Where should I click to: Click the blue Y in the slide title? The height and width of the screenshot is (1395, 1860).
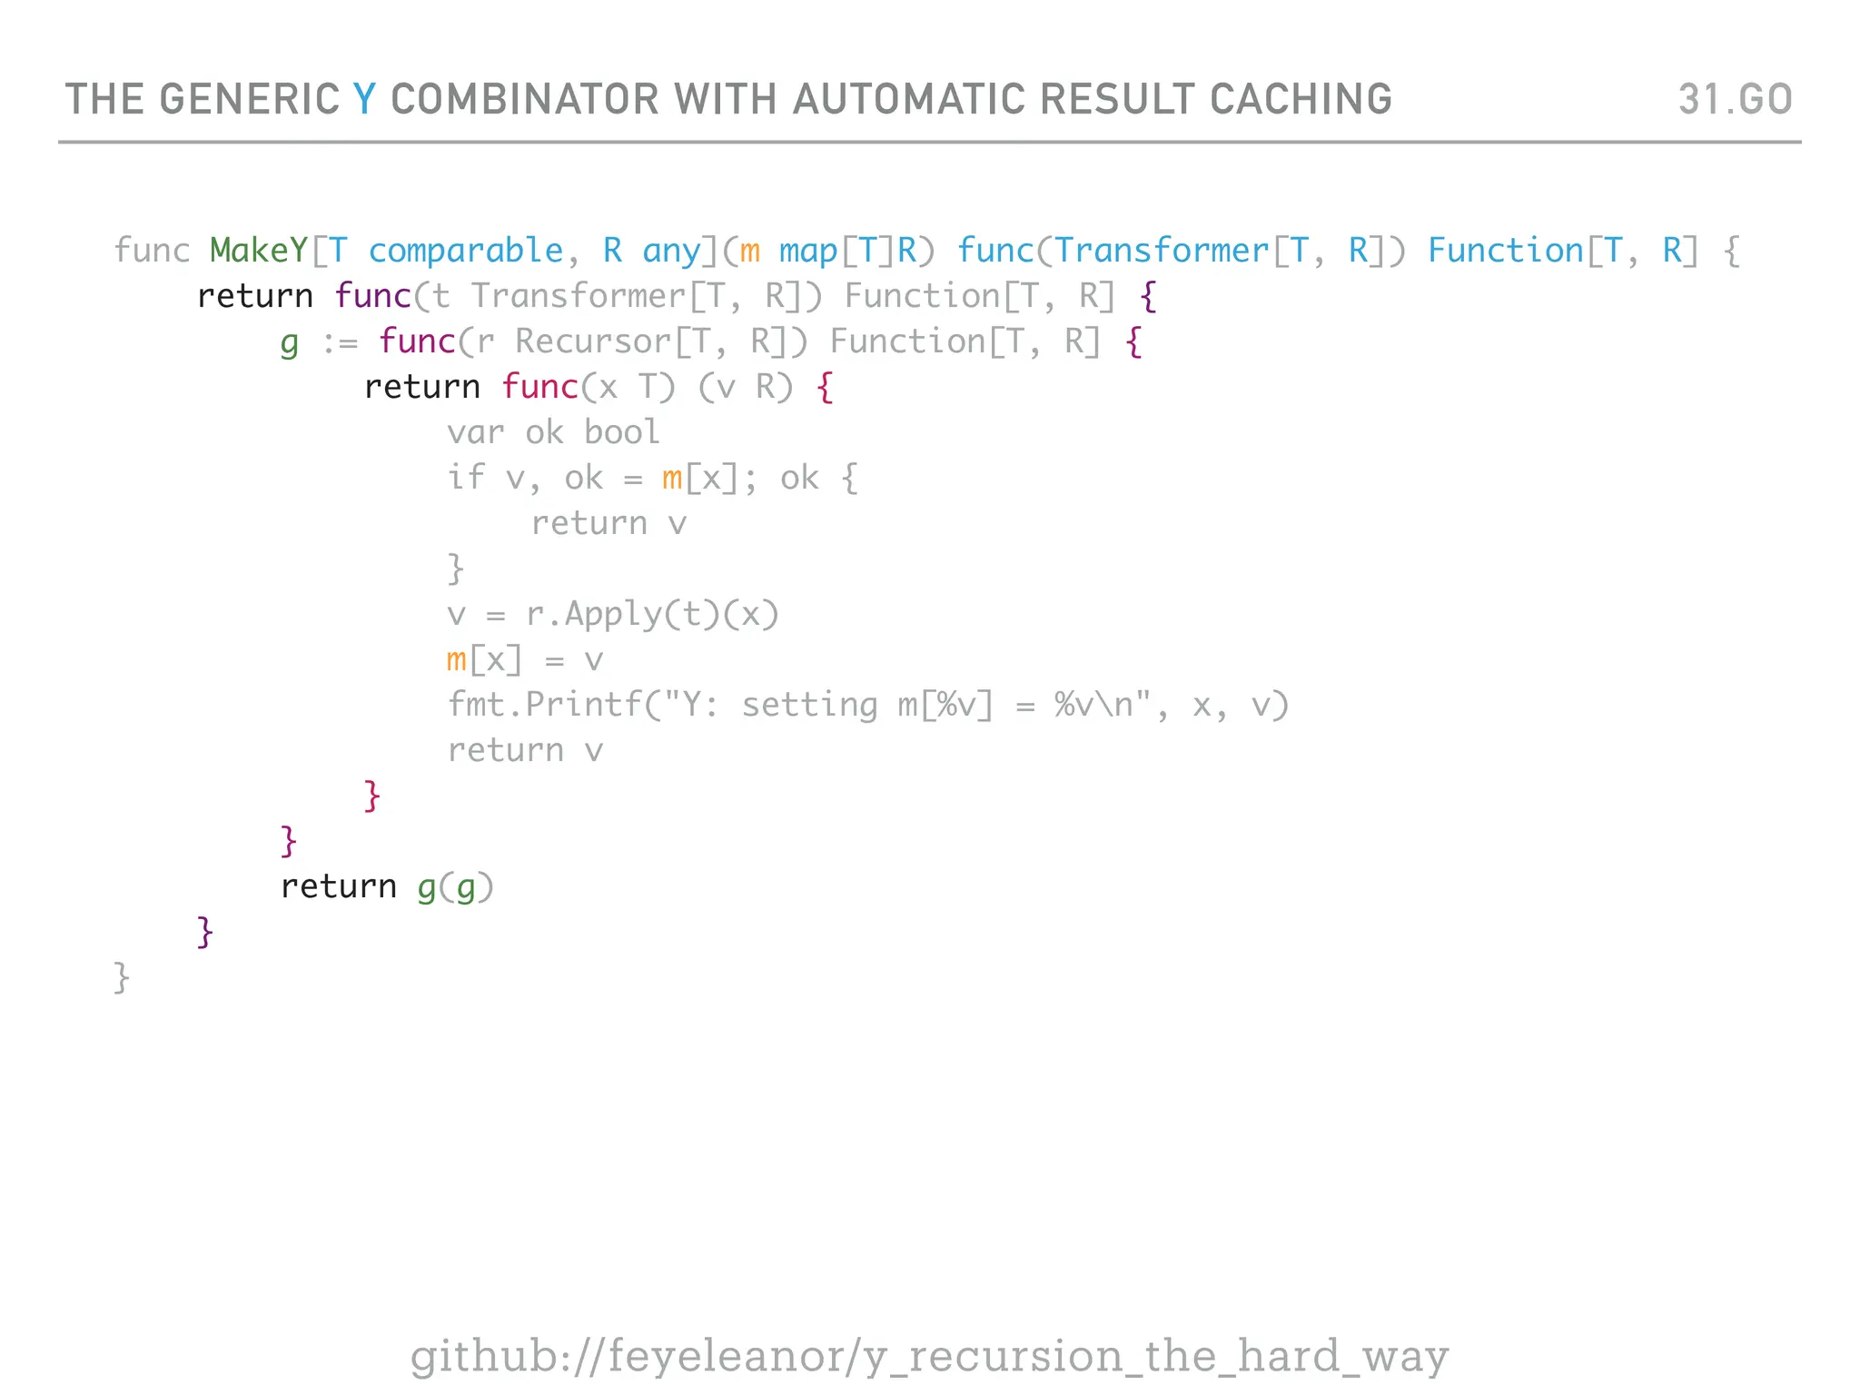(x=364, y=99)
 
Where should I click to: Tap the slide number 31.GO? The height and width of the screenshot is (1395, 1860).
(x=1735, y=99)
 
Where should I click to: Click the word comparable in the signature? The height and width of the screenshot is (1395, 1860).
(x=466, y=251)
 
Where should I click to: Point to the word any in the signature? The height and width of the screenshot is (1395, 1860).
(x=672, y=251)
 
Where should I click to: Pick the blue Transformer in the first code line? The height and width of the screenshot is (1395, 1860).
(x=1162, y=251)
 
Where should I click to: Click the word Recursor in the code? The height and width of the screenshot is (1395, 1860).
(x=593, y=341)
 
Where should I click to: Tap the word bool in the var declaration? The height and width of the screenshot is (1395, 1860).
(x=622, y=432)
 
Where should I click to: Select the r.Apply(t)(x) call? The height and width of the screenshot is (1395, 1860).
(x=652, y=615)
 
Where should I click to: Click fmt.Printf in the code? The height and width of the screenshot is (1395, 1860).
(x=544, y=705)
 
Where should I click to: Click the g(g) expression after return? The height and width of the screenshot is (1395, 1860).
(x=455, y=887)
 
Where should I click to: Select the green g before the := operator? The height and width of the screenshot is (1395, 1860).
(x=289, y=343)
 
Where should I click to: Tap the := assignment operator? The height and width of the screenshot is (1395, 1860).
(x=341, y=343)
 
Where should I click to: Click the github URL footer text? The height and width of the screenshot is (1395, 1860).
(x=929, y=1356)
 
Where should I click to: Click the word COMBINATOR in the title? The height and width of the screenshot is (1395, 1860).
(x=524, y=99)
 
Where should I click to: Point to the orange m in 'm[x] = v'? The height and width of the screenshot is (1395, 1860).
(x=456, y=660)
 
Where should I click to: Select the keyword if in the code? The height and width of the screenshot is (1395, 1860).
(x=466, y=478)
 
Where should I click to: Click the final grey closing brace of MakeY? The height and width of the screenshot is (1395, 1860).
(x=122, y=978)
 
